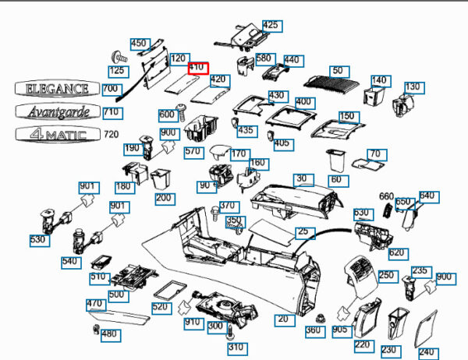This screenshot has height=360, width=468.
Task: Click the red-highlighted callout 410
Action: pyautogui.click(x=197, y=68)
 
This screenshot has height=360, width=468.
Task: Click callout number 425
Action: pyautogui.click(x=270, y=26)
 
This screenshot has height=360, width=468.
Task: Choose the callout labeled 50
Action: pyautogui.click(x=337, y=71)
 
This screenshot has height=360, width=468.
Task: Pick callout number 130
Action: pyautogui.click(x=413, y=86)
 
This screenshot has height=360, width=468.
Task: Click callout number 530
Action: pyautogui.click(x=38, y=239)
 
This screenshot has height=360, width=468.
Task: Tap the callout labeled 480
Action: pyautogui.click(x=109, y=334)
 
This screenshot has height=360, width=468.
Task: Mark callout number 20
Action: pyautogui.click(x=282, y=319)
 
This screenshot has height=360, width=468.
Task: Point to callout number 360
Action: pyautogui.click(x=313, y=330)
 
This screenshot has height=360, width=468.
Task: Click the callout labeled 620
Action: pyautogui.click(x=396, y=252)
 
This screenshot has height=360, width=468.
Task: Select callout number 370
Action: pyautogui.click(x=227, y=206)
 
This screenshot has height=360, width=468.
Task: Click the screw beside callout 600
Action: pyautogui.click(x=183, y=113)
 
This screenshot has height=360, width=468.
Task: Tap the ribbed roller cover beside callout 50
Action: pyautogui.click(x=328, y=82)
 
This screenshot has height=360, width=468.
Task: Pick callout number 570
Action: pyautogui.click(x=193, y=151)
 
